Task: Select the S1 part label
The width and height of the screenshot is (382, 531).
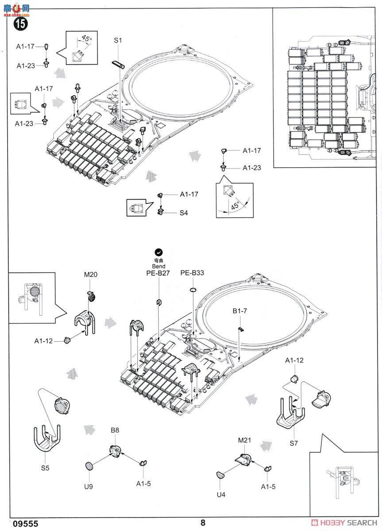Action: pos(117,40)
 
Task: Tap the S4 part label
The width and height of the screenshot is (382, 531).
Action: pos(184,213)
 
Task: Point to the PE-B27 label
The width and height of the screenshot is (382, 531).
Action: pos(158,273)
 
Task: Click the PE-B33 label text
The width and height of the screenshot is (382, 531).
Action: pos(192,273)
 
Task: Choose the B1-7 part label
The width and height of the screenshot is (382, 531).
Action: pos(239,311)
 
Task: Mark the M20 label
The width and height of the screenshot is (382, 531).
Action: pos(90,275)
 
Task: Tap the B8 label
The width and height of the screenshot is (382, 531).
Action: pos(115,430)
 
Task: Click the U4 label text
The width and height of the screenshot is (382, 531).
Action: pos(221,494)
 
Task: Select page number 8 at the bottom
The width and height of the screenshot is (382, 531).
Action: pos(203,523)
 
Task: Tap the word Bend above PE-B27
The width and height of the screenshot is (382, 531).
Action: pos(158,266)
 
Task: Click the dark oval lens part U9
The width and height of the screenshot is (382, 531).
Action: pos(89,465)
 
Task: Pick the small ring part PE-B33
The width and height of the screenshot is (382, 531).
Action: pos(193,289)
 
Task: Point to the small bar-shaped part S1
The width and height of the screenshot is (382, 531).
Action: pos(117,65)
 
